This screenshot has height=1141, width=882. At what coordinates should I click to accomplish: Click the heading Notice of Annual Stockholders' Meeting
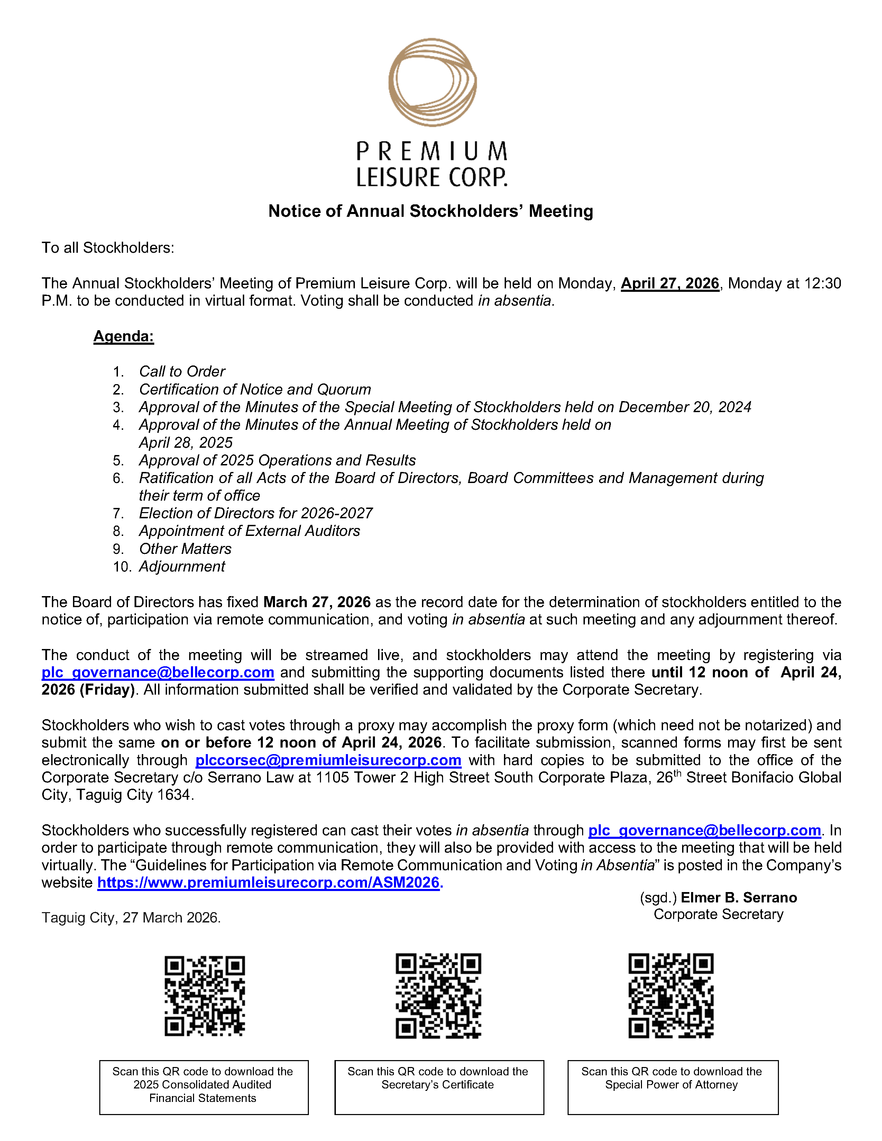[x=431, y=211]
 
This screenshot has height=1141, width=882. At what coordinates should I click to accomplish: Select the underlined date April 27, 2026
[x=670, y=283]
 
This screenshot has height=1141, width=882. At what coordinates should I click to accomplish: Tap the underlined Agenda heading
[x=124, y=336]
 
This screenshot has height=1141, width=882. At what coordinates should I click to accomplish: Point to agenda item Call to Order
[x=182, y=371]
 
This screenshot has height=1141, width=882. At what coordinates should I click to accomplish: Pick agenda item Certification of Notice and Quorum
[x=255, y=389]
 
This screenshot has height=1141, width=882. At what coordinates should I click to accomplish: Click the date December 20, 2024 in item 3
[x=685, y=407]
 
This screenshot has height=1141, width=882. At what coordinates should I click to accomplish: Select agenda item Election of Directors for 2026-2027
[x=256, y=513]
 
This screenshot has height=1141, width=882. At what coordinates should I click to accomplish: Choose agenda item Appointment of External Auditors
[x=249, y=531]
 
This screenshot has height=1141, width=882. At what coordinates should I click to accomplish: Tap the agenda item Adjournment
[x=182, y=566]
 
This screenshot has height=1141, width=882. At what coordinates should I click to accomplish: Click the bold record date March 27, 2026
[x=316, y=602]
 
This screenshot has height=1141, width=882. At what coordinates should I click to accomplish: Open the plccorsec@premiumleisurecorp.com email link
[x=328, y=760]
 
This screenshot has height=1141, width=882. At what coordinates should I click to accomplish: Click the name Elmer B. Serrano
[x=739, y=898]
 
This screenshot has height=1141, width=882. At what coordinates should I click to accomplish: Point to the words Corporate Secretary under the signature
[x=718, y=914]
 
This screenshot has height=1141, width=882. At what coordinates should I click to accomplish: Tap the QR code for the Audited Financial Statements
[x=205, y=996]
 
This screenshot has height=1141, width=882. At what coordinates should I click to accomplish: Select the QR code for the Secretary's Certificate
[x=438, y=996]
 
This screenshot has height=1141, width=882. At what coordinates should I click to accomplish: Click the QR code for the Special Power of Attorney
[x=671, y=996]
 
